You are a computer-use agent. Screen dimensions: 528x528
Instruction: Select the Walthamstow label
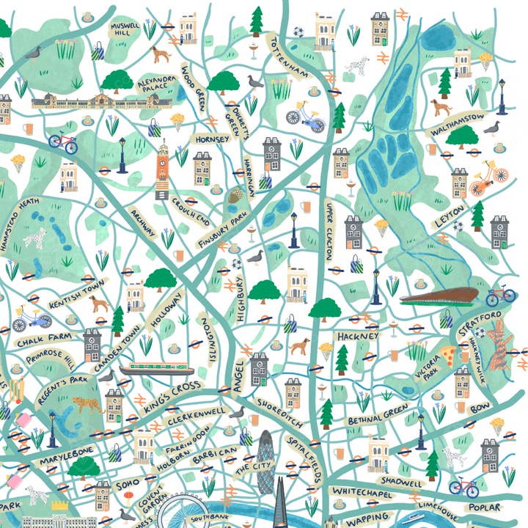pyautogui.click(x=458, y=124)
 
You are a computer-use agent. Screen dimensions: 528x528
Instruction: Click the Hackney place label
pyautogui.click(x=358, y=336)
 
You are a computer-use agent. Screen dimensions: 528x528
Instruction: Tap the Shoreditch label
pyautogui.click(x=282, y=414)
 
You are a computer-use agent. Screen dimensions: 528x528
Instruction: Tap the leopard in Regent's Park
pyautogui.click(x=86, y=405)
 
